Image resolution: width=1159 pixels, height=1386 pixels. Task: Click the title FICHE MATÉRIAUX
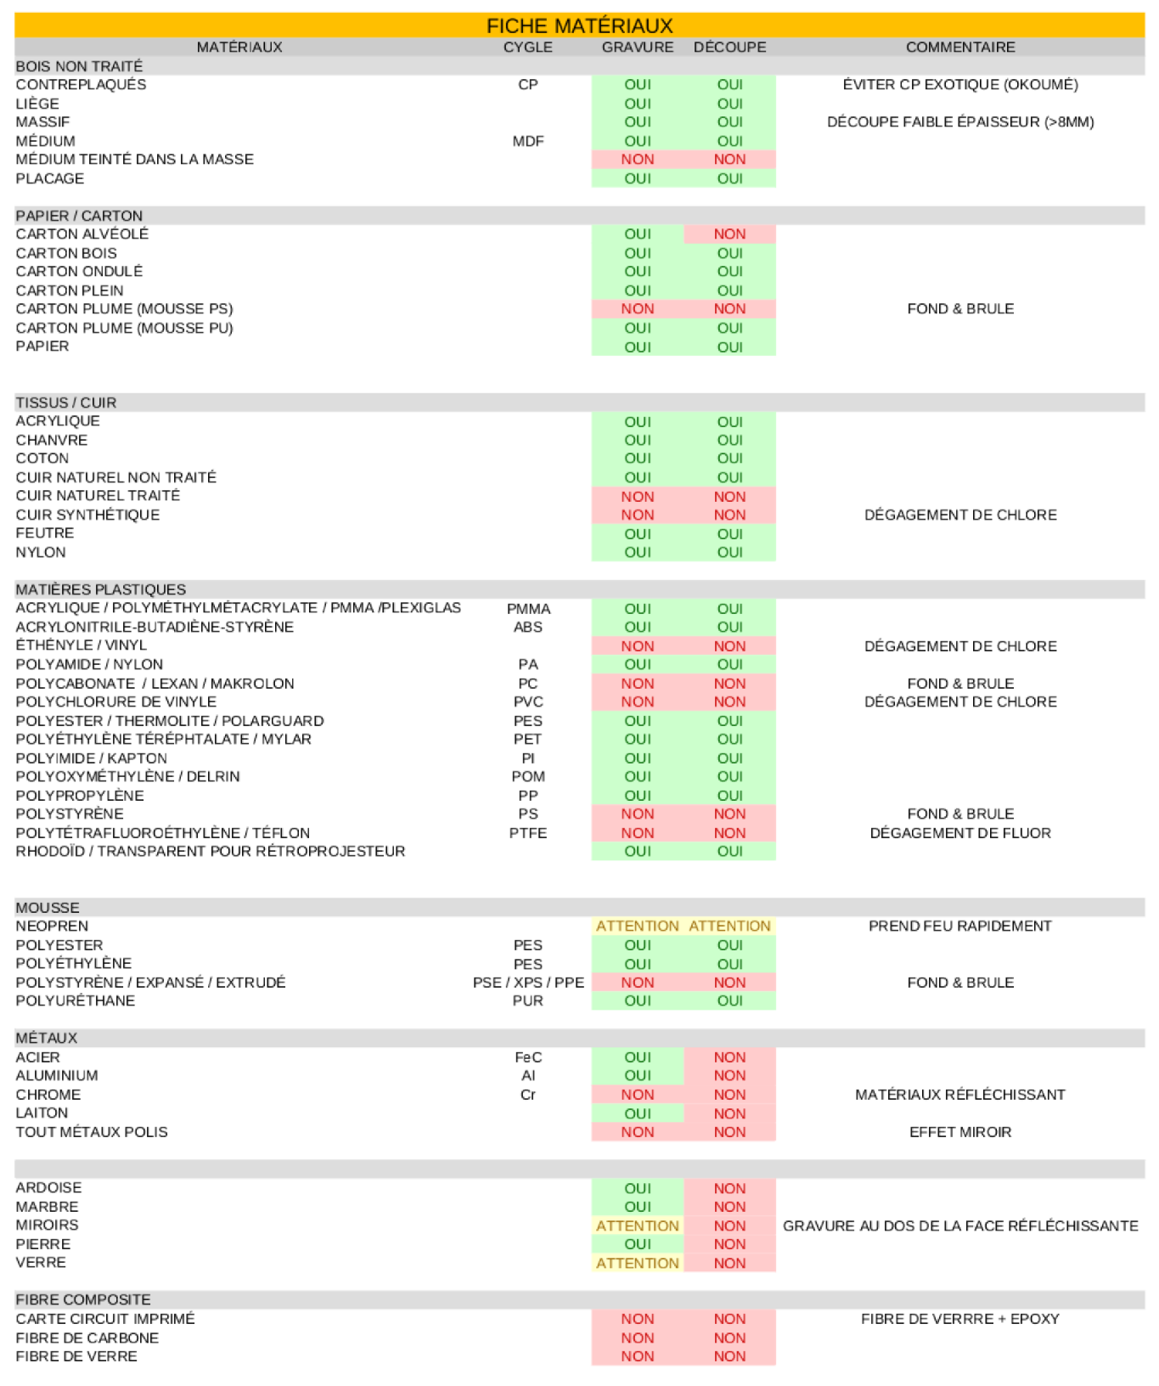pos(579,25)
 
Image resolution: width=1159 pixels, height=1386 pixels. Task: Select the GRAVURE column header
pos(637,48)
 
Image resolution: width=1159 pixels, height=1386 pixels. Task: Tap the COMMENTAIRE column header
pos(959,48)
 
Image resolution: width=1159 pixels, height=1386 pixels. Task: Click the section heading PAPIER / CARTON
pos(79,216)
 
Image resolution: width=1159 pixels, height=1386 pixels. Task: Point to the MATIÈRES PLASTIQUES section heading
pos(100,589)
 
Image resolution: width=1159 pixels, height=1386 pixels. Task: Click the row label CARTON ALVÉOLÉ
pos(82,234)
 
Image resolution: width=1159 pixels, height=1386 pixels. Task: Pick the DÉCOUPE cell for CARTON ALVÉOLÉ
pos(729,234)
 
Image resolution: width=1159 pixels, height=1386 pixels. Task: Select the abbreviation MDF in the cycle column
pos(527,141)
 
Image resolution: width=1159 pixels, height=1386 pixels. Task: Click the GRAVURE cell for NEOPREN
pos(637,927)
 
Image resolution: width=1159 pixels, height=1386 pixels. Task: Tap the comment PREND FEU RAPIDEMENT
pos(959,927)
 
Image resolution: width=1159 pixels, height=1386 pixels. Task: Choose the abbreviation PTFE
pos(527,833)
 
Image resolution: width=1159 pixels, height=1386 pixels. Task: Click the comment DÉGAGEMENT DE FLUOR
pos(959,833)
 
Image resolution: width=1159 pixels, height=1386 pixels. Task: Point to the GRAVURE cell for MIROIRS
pos(637,1225)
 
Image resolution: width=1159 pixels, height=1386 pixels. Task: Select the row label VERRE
pos(41,1263)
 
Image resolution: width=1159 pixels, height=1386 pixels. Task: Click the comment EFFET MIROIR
pos(959,1132)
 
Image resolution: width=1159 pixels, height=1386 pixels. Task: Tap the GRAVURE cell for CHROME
pos(637,1095)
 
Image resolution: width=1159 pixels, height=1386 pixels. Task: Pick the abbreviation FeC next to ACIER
pos(527,1057)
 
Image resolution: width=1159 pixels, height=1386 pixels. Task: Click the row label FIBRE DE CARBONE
pos(87,1338)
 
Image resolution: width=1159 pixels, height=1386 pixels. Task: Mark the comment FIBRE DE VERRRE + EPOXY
pos(959,1319)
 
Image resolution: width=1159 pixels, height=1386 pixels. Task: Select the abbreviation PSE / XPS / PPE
pos(527,983)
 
